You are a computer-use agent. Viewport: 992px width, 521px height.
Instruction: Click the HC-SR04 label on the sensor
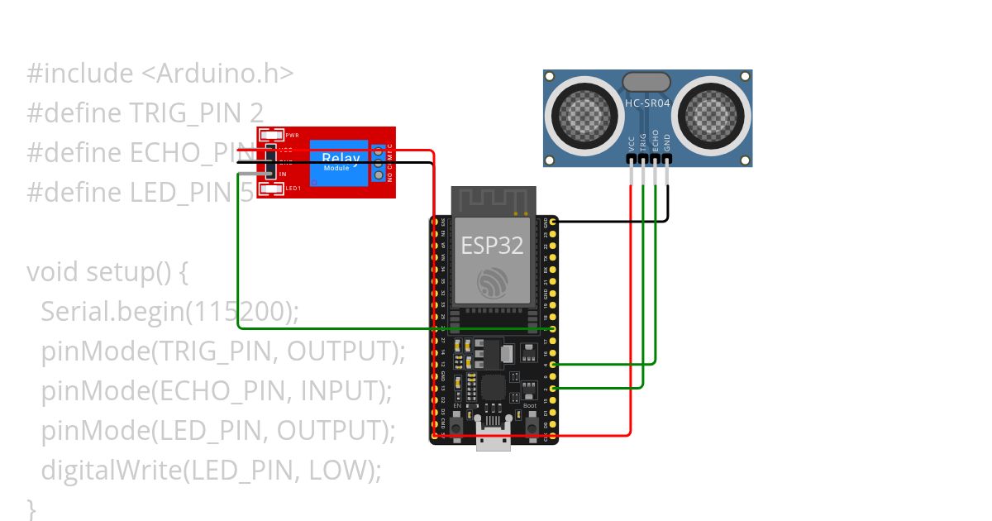[x=647, y=103]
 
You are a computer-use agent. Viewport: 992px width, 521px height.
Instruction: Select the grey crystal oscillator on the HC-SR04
[x=646, y=81]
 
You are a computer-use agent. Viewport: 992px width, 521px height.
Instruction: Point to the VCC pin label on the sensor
[x=632, y=141]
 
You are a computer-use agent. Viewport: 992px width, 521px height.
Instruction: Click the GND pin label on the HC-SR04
[x=667, y=141]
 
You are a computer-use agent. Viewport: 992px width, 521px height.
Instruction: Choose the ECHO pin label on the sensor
[x=656, y=139]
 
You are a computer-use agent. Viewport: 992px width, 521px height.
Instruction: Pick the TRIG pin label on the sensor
[x=643, y=140]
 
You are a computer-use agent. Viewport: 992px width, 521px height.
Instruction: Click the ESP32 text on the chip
[x=494, y=246]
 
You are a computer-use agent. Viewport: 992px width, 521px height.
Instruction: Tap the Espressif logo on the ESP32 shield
[x=494, y=284]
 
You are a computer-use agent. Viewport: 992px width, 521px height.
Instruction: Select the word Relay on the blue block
[x=341, y=158]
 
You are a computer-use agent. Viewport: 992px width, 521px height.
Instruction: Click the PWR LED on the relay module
[x=271, y=135]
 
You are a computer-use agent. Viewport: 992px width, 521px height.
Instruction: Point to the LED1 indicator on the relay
[x=271, y=189]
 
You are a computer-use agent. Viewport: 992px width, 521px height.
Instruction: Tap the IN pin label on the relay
[x=283, y=174]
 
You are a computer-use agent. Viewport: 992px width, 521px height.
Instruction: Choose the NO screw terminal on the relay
[x=379, y=174]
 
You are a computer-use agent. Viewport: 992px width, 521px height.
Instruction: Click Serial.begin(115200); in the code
[x=169, y=311]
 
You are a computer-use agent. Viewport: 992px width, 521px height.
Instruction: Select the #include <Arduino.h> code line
[x=160, y=74]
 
